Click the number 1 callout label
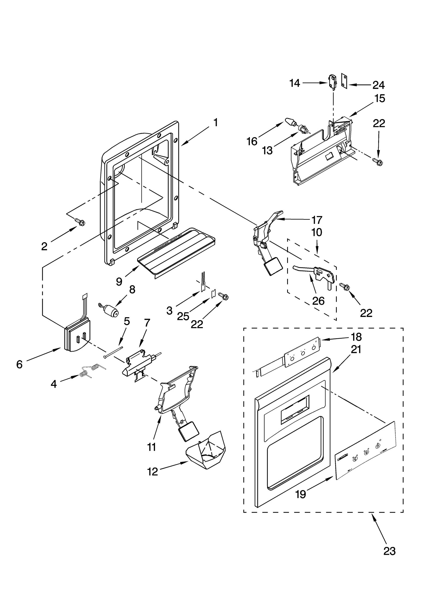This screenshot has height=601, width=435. [x=215, y=123]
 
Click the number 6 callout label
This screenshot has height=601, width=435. [x=19, y=364]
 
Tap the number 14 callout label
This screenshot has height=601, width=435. [x=294, y=83]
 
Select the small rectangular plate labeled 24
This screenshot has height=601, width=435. [x=344, y=81]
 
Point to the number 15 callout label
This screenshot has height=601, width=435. [x=380, y=98]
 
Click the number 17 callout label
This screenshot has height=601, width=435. [x=317, y=220]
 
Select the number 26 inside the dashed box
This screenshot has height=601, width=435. [x=318, y=301]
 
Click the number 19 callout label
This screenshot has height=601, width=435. [x=301, y=494]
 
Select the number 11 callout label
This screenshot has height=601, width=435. [x=151, y=447]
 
